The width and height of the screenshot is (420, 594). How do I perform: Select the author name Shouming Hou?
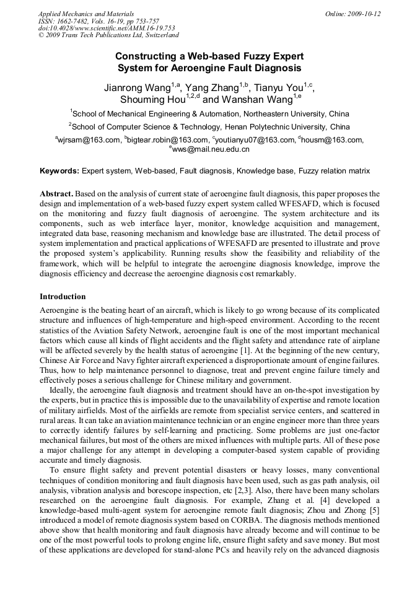click(152, 100)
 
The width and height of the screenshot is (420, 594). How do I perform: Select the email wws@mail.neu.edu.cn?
click(211, 150)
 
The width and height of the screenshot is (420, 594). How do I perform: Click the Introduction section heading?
click(63, 297)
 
